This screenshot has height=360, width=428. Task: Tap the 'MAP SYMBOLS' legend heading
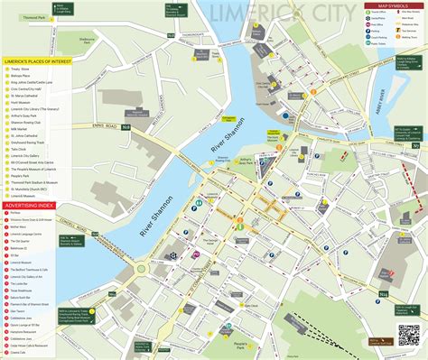point(395,7)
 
